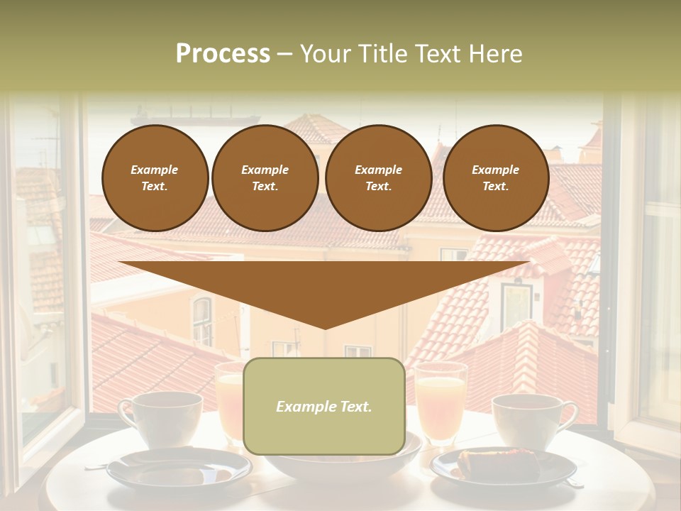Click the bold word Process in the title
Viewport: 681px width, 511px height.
(x=223, y=53)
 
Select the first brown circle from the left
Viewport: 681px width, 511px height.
(x=155, y=178)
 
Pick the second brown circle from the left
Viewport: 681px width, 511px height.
(x=265, y=178)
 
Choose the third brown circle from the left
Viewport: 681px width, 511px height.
(x=379, y=178)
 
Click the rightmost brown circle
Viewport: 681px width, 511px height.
(x=496, y=178)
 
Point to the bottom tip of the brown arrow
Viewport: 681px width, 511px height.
(x=325, y=327)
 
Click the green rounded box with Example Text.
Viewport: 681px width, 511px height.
(x=324, y=406)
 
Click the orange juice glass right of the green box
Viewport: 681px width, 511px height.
(x=440, y=401)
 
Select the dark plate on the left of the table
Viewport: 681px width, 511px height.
(x=179, y=468)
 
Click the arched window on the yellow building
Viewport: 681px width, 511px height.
(x=202, y=320)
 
